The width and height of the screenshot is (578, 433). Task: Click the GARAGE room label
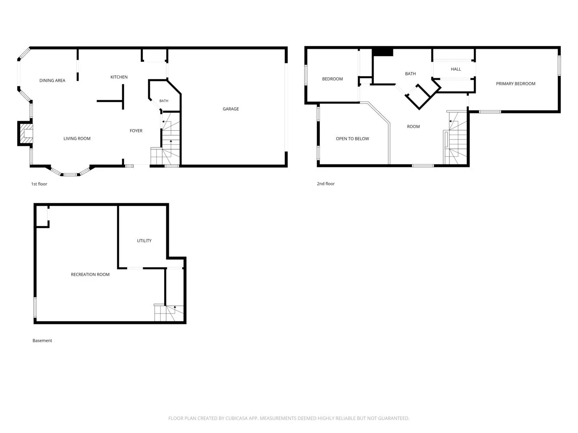231,109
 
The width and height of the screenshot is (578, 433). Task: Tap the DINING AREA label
52,81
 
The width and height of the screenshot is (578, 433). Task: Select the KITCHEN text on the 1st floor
119,77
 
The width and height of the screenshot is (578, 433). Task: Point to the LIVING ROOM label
77,139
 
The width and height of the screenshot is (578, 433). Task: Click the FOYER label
136,131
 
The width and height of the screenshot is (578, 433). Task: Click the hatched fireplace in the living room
26,133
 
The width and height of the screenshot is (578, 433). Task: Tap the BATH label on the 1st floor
164,101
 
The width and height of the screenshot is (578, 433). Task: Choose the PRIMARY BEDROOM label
515,84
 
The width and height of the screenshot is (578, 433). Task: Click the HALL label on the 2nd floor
456,69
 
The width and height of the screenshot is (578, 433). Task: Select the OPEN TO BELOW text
352,139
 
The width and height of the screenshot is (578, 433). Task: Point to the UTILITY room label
144,241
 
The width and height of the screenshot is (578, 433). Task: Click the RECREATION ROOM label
90,275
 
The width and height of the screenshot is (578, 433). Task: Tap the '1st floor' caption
39,184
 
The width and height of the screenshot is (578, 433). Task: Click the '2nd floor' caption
326,184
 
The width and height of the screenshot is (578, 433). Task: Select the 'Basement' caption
42,340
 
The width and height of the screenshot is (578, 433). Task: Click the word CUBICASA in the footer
236,418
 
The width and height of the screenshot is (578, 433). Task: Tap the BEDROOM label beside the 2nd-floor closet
332,79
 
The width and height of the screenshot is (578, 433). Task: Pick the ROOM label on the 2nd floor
413,126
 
